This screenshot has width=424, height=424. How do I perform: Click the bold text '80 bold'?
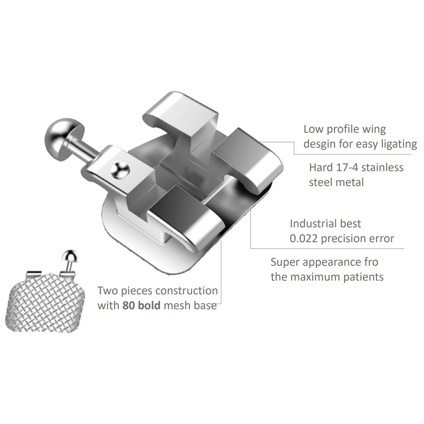click(x=141, y=306)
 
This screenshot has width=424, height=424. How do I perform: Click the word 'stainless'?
click(x=382, y=168)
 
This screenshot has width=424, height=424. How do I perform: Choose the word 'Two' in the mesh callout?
click(x=108, y=291)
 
